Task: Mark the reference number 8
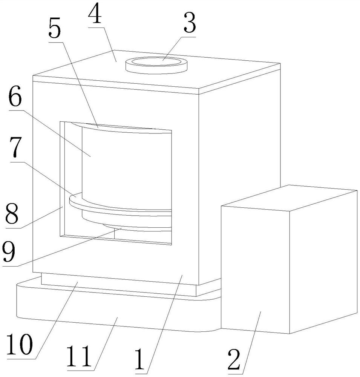click(x=11, y=214)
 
